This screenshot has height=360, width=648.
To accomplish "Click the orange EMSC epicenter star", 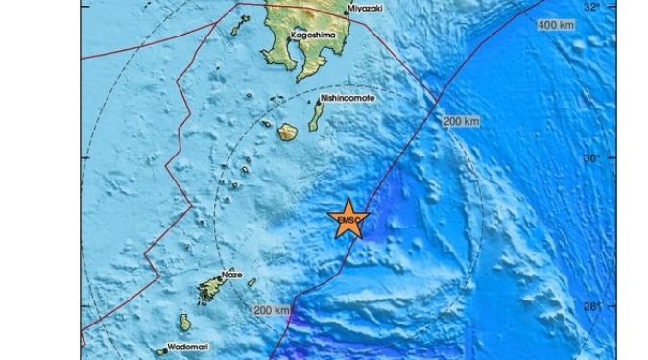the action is [x=348, y=220].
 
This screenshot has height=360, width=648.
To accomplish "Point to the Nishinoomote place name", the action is [x=353, y=98].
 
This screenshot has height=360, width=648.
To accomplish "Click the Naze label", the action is [x=231, y=274].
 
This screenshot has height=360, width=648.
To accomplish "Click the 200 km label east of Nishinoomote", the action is [x=461, y=122].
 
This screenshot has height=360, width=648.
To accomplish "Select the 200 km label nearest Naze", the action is [x=272, y=311].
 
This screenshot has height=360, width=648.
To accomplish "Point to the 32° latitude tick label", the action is [x=593, y=7].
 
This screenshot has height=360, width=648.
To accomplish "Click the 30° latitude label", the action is [x=593, y=157].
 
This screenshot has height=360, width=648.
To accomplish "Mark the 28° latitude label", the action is [x=593, y=307].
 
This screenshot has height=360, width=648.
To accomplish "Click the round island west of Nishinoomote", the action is [x=287, y=132].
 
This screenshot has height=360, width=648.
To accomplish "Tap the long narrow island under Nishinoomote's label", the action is [x=315, y=116].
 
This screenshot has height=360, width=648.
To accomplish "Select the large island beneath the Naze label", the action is [x=210, y=289].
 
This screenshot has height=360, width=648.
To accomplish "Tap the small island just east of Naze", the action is [x=252, y=282].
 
